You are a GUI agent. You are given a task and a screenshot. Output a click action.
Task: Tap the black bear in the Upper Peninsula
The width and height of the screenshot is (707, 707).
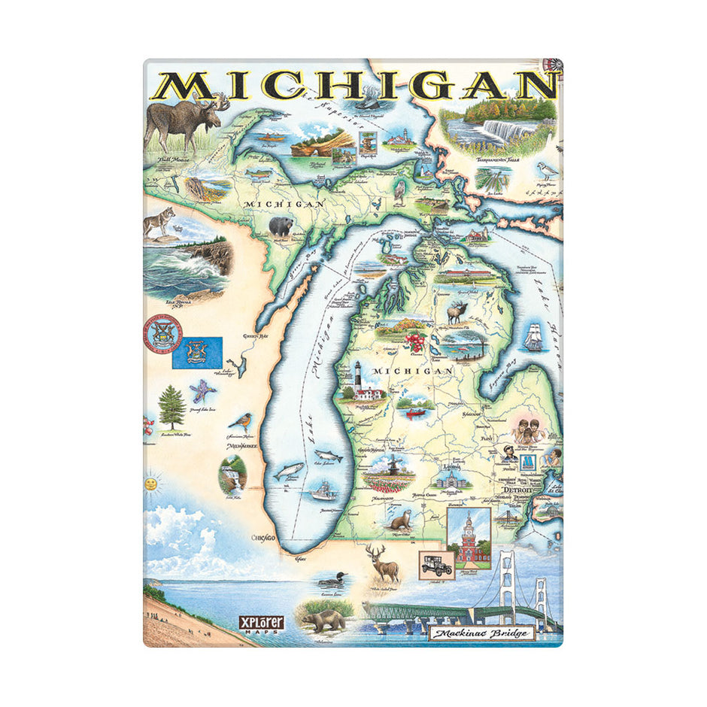pos(281,226)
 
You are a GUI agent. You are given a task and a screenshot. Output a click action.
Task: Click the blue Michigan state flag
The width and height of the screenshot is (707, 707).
pos(197,352)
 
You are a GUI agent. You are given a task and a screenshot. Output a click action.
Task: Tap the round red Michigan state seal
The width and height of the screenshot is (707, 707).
pos(162,335)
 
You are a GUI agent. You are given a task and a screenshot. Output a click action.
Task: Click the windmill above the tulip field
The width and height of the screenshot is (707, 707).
pos(390,464)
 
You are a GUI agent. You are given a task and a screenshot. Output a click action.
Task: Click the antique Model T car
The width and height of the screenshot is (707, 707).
pos(436,565)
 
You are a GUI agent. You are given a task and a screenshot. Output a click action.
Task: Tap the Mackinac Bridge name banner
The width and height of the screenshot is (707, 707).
pos(481,633)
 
